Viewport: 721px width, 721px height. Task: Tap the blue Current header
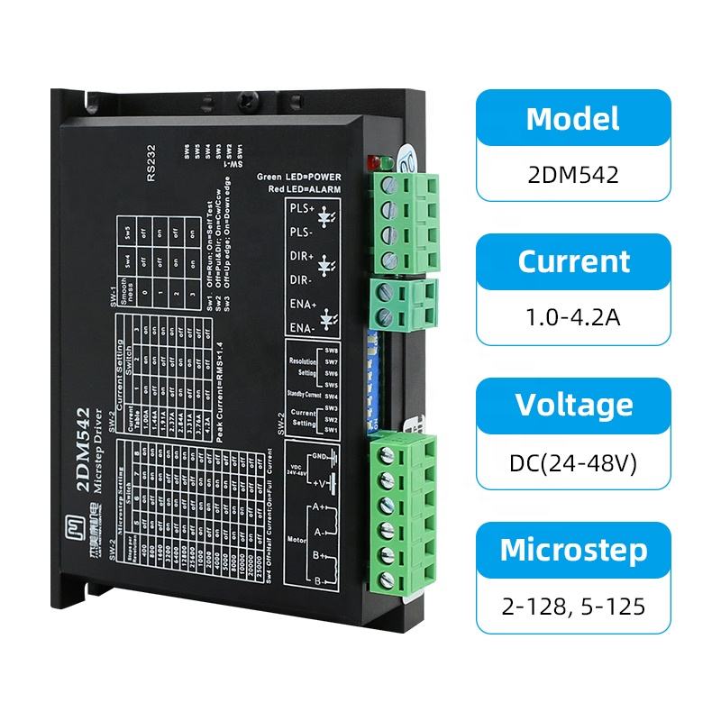click(x=573, y=262)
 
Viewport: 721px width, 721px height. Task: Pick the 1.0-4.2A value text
click(x=573, y=318)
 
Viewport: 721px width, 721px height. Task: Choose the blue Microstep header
click(x=573, y=549)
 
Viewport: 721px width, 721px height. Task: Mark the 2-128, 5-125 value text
click(x=573, y=606)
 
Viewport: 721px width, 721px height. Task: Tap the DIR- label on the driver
click(x=301, y=282)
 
